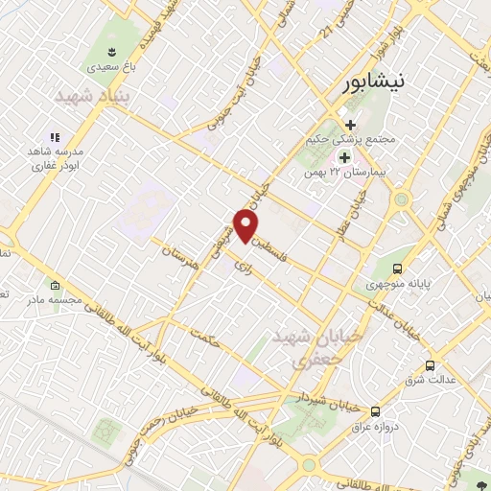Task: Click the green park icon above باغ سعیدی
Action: (111, 51)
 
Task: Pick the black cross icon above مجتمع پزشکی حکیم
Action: (351, 125)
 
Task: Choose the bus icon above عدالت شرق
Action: (430, 365)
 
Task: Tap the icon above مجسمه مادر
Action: (55, 286)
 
